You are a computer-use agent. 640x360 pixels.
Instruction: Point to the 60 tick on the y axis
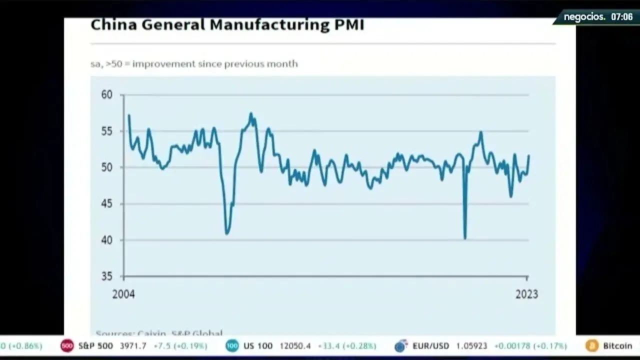[106, 94]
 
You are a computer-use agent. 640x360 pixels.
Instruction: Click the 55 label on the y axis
[106, 131]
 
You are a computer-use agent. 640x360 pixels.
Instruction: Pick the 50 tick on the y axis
[106, 167]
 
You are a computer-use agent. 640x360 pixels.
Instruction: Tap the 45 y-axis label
[106, 203]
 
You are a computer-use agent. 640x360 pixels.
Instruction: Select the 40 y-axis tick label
[106, 240]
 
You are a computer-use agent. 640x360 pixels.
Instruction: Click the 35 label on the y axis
[106, 276]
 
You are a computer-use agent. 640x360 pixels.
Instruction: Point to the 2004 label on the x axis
[123, 294]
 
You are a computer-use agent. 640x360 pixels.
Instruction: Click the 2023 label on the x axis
[526, 294]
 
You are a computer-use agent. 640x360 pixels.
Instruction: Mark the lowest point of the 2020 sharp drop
[465, 238]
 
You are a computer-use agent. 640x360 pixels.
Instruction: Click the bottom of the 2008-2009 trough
[227, 233]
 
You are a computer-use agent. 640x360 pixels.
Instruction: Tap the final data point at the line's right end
[528, 156]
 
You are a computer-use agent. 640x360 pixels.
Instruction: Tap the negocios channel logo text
[584, 17]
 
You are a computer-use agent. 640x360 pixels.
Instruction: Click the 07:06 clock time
[621, 17]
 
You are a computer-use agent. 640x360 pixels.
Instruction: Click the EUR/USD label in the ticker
[430, 346]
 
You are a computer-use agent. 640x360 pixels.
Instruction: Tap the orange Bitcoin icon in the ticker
[592, 346]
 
